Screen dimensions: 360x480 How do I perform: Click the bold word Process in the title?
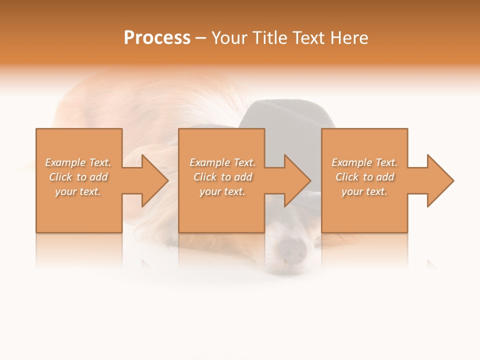coord(157,38)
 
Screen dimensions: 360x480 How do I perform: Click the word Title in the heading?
coord(269,38)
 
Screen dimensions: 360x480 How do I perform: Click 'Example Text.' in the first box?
coord(78,162)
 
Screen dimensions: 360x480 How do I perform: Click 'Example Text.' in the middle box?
coord(222,162)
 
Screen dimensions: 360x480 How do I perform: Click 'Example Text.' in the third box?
coord(364,162)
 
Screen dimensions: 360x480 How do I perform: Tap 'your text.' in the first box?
coord(78,191)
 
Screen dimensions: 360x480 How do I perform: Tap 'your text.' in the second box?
coord(222,191)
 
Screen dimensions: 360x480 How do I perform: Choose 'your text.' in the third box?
coord(364,191)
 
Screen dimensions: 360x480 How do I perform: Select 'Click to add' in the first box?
coord(78,177)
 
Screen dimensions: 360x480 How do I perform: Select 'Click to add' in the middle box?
coord(222,177)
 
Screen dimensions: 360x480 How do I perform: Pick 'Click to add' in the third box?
coord(364,177)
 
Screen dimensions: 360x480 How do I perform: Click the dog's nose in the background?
coord(291,248)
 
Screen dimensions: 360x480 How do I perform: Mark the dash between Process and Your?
coord(200,38)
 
